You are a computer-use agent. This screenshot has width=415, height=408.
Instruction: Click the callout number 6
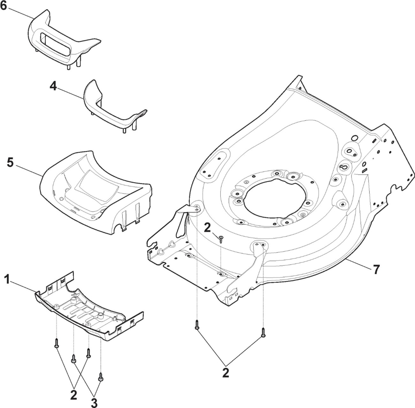tap(3, 6)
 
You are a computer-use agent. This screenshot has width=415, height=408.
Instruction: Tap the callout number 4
tap(53, 87)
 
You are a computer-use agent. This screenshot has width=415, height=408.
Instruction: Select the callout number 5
tap(10, 162)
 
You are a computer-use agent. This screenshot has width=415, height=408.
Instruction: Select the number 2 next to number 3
tap(74, 394)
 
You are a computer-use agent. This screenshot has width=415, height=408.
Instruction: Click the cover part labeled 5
tap(96, 193)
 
